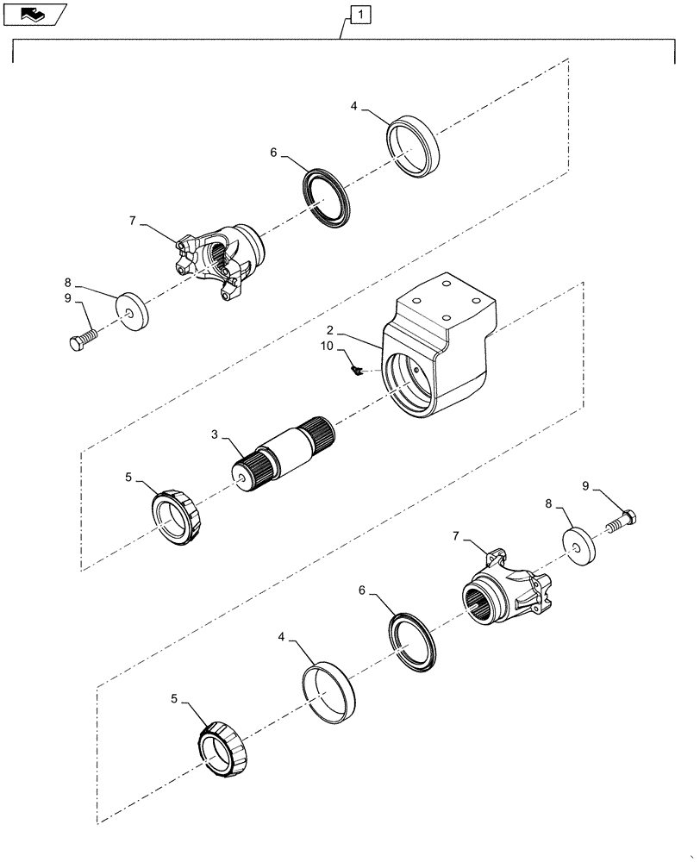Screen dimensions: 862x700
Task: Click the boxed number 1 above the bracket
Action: coord(360,14)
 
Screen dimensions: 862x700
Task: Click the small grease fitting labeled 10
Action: coord(353,371)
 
